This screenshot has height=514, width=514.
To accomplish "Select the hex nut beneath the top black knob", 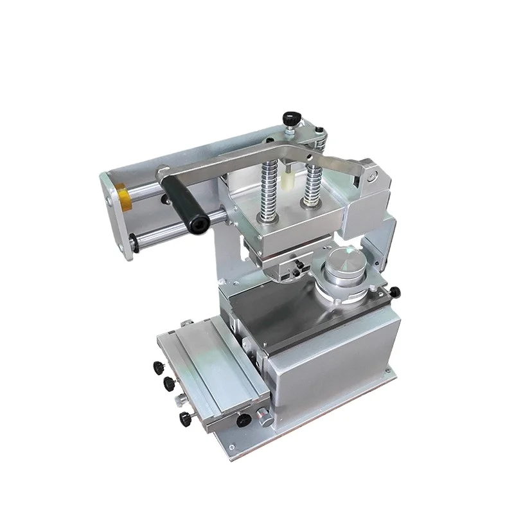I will click(292, 130).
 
